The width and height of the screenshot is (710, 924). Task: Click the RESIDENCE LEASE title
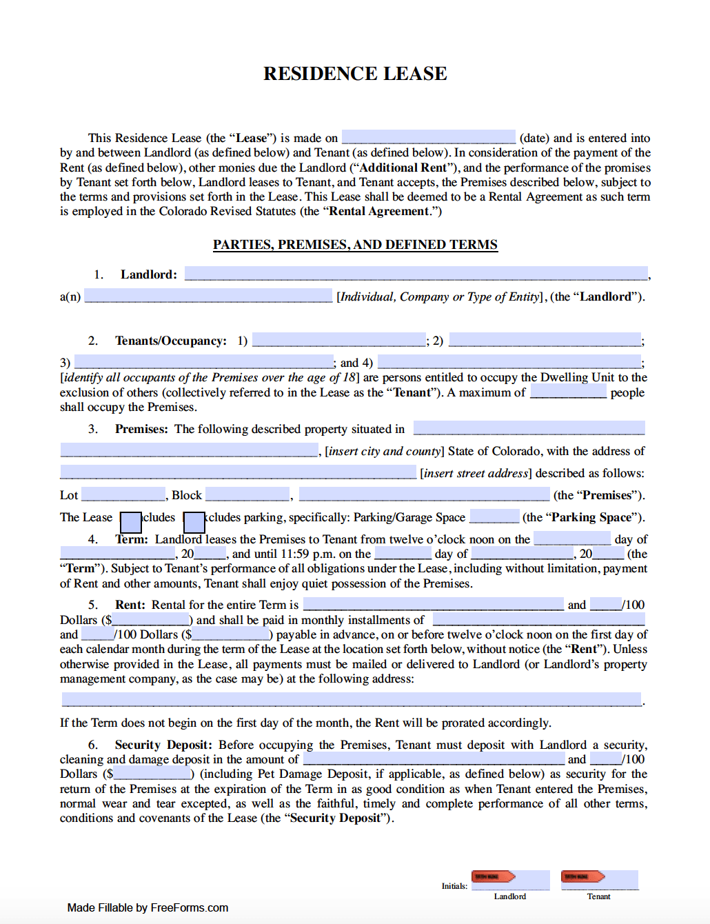tap(355, 74)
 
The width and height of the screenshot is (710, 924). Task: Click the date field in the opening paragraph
tap(428, 137)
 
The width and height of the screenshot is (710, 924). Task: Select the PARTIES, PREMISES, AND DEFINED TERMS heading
tap(355, 245)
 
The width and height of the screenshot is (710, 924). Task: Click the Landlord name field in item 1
tap(416, 274)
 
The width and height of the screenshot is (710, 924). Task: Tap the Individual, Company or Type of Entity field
tap(208, 296)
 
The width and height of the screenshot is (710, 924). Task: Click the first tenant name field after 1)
tap(338, 340)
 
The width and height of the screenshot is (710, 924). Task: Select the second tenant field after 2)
tap(545, 340)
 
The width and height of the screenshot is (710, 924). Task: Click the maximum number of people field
tap(568, 392)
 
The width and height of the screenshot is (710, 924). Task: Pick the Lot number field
tap(123, 494)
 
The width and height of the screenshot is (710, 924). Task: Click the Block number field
tap(247, 494)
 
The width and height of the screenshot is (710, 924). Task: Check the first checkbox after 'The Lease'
tap(130, 521)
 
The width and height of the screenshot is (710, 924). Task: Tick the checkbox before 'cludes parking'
tap(194, 521)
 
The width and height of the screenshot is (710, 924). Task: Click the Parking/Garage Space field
tap(494, 516)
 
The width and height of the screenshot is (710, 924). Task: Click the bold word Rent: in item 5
tap(130, 605)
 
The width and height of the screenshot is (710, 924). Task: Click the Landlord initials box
tap(510, 880)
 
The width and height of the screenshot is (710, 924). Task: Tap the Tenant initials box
tap(599, 880)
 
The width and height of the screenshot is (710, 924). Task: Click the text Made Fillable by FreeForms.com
tap(148, 907)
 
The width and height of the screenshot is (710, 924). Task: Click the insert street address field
tap(238, 472)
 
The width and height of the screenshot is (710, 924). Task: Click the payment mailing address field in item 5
tap(352, 700)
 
